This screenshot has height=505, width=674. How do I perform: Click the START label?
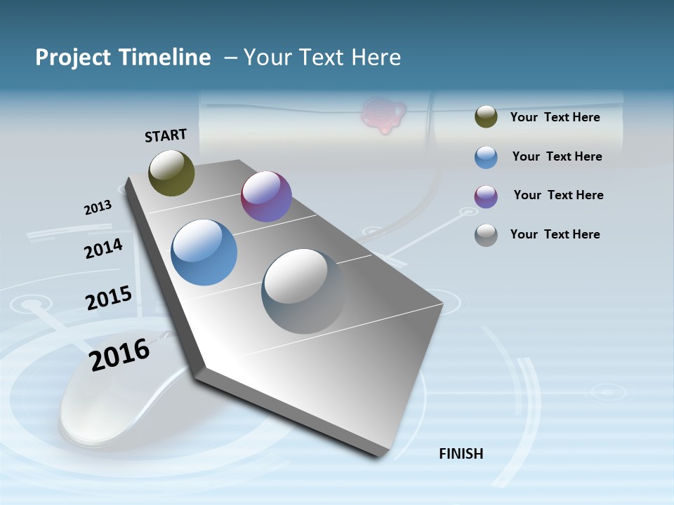tap(166, 135)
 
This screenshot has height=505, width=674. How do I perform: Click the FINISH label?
tap(461, 454)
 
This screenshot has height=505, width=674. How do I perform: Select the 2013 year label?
tap(98, 208)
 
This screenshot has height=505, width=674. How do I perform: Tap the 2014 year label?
tap(103, 248)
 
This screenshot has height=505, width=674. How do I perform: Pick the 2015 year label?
tap(109, 298)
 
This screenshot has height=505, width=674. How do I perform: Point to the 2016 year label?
tap(120, 354)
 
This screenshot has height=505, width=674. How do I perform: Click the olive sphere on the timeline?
tap(171, 173)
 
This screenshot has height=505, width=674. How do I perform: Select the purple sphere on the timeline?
tap(266, 196)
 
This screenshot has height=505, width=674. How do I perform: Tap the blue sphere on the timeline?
tap(204, 252)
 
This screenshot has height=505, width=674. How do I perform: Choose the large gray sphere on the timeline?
tap(304, 291)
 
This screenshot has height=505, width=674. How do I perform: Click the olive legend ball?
tap(486, 117)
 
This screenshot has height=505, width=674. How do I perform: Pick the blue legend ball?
tap(486, 157)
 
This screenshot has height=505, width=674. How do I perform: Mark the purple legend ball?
tap(486, 196)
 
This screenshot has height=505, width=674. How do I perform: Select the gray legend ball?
tap(486, 235)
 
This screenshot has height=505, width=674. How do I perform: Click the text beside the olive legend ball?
tap(555, 117)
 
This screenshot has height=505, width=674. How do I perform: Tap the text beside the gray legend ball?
tap(555, 234)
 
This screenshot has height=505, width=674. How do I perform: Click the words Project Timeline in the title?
tap(123, 58)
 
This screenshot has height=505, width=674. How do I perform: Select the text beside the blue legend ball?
tap(557, 156)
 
